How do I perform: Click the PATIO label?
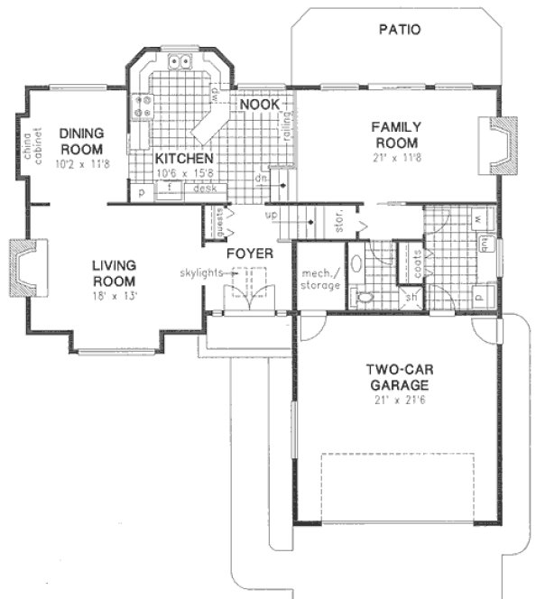pos(397,30)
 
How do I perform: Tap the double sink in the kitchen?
pos(181,62)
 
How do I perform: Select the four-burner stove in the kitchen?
pos(142,108)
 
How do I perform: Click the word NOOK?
pos(259,105)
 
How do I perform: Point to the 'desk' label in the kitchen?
pos(204,189)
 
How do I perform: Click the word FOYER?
pos(249,253)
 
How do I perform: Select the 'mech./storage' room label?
pos(320,279)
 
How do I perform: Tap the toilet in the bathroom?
pos(364,297)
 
